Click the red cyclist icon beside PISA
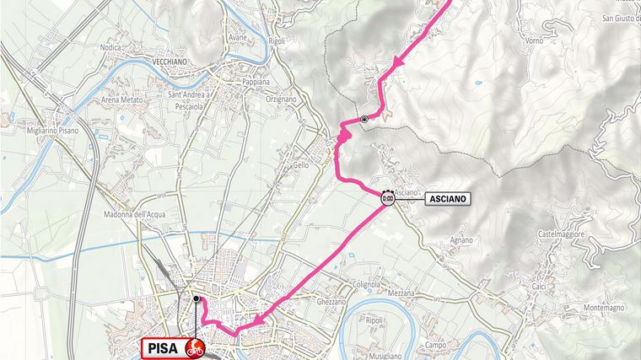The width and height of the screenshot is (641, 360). (x=196, y=347)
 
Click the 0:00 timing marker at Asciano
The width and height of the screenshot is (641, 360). (x=387, y=199)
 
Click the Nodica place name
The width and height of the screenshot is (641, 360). (x=113, y=48)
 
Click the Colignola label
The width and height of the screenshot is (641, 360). (x=371, y=284)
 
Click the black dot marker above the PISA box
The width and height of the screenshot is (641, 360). (x=196, y=298)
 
